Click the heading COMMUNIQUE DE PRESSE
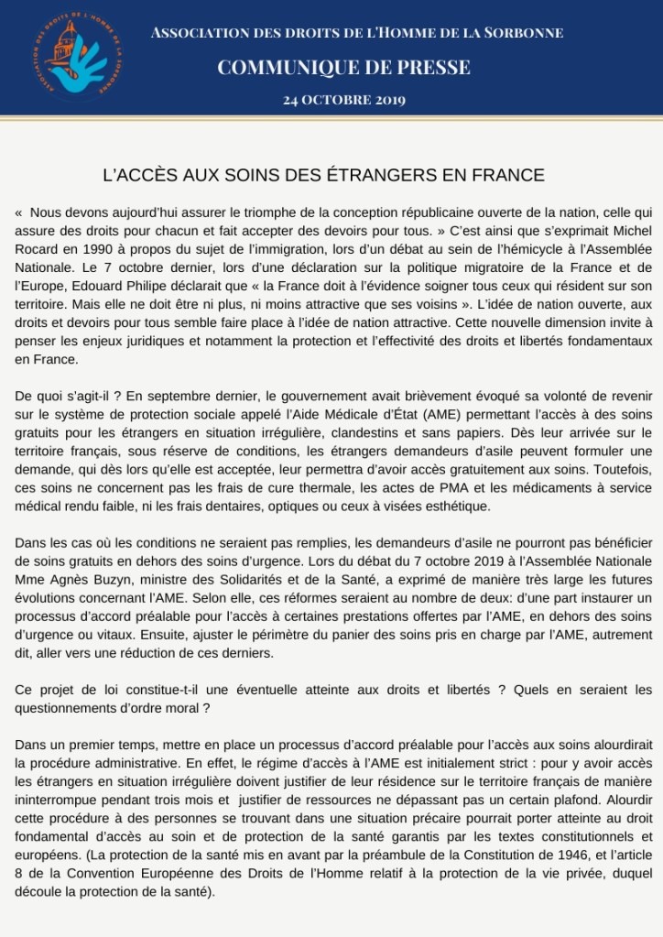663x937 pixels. coord(343,67)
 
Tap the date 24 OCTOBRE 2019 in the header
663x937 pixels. coord(343,99)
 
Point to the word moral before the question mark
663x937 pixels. coord(179,707)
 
